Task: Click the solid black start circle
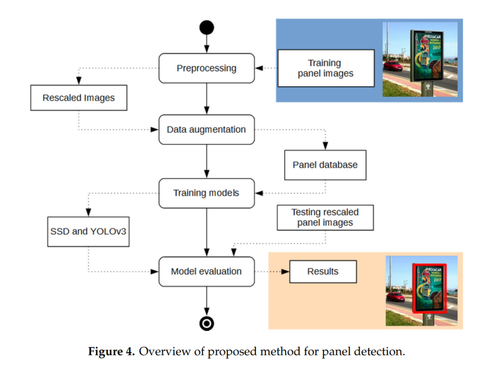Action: (x=206, y=27)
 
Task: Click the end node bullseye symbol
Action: (x=206, y=324)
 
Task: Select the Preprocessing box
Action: (x=206, y=68)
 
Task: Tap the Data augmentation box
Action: (x=206, y=130)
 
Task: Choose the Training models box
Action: (x=206, y=193)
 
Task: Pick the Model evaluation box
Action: (x=206, y=272)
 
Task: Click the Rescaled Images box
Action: (x=79, y=98)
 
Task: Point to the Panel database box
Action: (x=325, y=165)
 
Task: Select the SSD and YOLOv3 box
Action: (x=88, y=232)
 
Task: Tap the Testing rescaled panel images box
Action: (x=325, y=217)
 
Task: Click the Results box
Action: (x=323, y=272)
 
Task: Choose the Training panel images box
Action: (x=325, y=68)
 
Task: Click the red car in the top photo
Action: (x=393, y=65)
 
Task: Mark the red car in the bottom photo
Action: (x=396, y=297)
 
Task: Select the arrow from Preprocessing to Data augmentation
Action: (x=206, y=99)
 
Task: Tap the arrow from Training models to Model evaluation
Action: (x=206, y=233)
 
